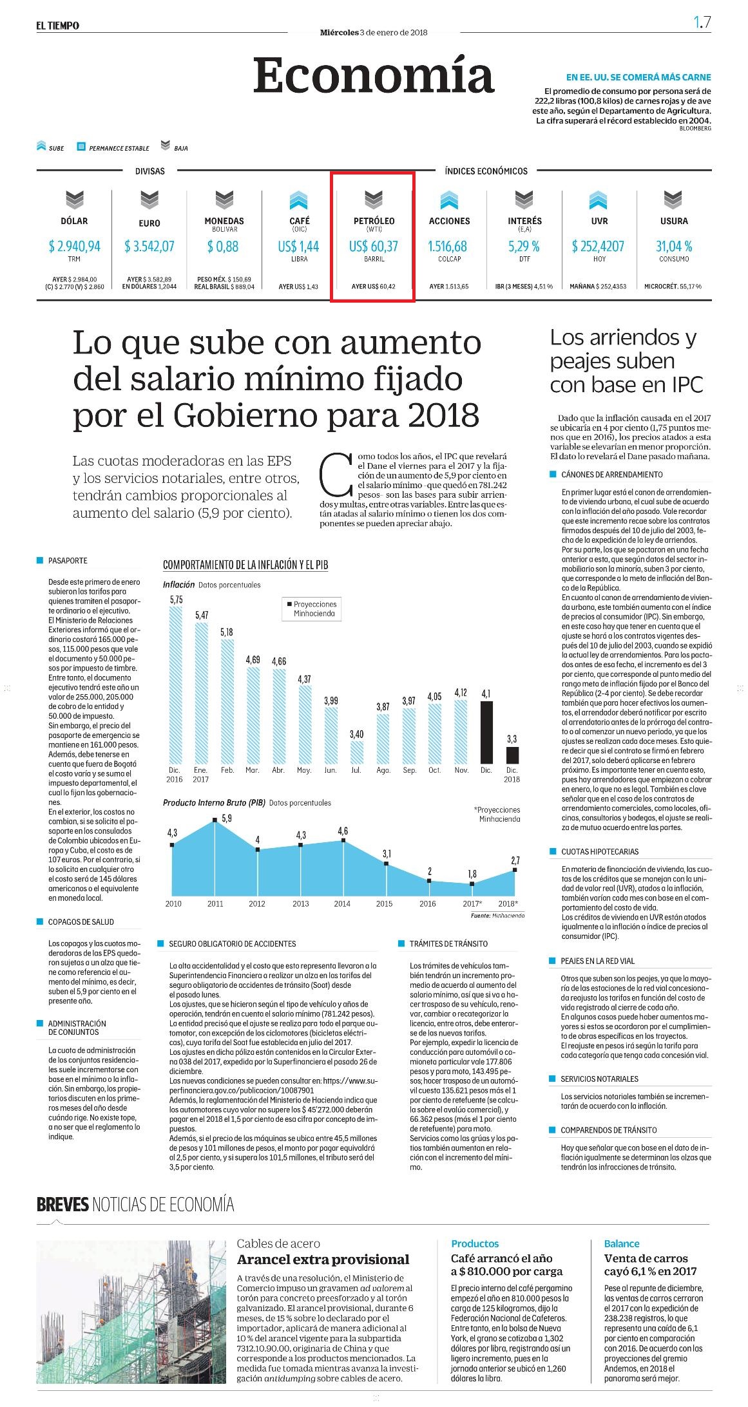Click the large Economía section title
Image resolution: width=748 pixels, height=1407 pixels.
point(374,75)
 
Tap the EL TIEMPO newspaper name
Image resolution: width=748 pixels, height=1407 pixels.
point(58,25)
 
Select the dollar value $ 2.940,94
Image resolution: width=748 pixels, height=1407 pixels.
point(75,246)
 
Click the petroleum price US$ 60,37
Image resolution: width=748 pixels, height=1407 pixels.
point(374,246)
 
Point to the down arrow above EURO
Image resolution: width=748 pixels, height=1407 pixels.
point(149,200)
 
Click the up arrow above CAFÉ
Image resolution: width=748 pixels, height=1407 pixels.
point(299,200)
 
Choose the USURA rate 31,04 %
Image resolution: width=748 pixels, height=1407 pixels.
point(674,246)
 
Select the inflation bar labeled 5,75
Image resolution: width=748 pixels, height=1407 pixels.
point(176,684)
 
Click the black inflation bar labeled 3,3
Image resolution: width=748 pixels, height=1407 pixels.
point(512,755)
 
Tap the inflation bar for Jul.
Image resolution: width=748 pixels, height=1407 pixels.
point(357,751)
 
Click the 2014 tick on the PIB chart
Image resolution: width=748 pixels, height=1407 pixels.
point(342,903)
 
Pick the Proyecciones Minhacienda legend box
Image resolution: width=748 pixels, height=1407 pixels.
point(312,609)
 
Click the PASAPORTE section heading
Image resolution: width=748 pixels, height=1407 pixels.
point(68,561)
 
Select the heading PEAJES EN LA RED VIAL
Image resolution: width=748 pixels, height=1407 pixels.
point(597,961)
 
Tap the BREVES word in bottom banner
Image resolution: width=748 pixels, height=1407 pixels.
point(62,1204)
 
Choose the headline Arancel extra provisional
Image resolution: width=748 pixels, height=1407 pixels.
point(323,1260)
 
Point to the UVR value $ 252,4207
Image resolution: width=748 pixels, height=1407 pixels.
point(598,246)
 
